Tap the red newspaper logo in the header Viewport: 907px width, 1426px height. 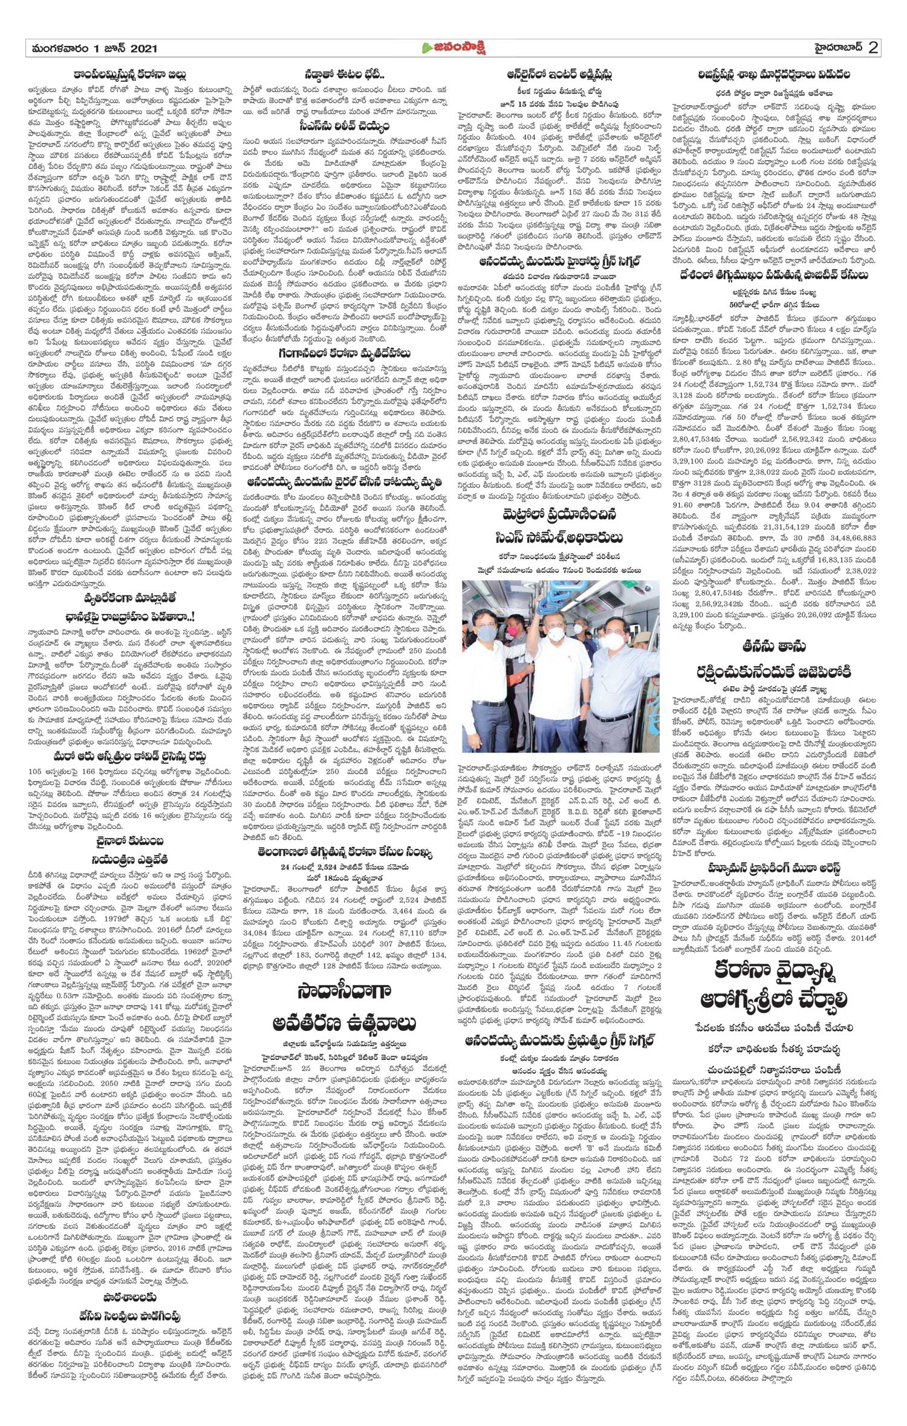click(x=453, y=48)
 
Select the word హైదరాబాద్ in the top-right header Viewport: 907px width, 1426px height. click(x=835, y=48)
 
